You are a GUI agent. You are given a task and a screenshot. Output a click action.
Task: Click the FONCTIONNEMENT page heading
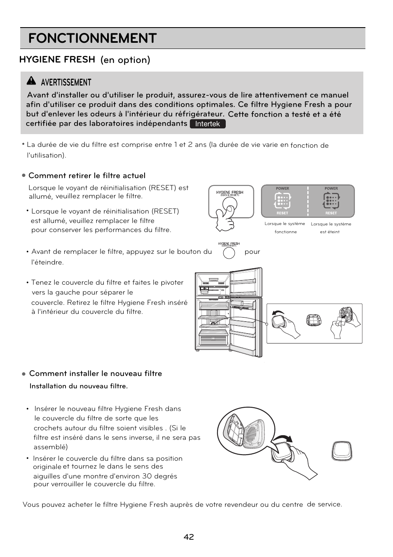tap(92, 38)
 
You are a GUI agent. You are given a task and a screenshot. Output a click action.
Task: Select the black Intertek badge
tap(208, 124)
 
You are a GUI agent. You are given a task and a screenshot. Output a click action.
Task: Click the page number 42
tap(189, 537)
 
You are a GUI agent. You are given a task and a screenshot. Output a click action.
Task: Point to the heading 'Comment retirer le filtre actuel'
tap(87, 176)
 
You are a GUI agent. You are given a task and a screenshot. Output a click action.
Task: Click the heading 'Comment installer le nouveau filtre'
tap(96, 374)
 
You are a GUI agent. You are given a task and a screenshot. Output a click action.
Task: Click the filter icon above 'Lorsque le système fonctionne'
tap(283, 201)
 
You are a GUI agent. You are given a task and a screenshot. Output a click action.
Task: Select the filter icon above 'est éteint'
tap(331, 201)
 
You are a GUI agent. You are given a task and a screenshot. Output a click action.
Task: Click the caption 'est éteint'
tap(330, 232)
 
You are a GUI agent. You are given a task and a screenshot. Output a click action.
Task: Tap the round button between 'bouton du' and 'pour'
tap(229, 253)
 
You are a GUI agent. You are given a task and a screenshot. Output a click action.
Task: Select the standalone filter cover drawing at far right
tap(342, 451)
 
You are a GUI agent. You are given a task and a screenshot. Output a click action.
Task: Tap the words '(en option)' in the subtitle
tap(125, 60)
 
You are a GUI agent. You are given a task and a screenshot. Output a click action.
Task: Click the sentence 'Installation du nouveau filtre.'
tap(78, 386)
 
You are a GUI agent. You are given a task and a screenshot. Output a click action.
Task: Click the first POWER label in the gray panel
tap(283, 188)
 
